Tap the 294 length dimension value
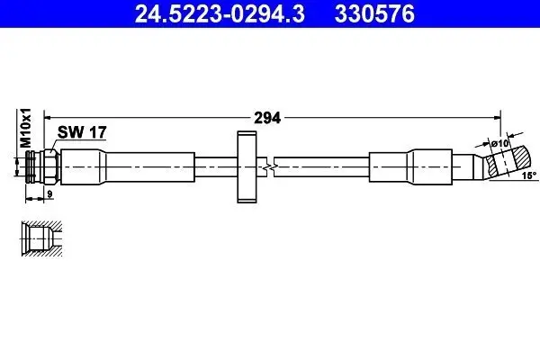(x=268, y=117)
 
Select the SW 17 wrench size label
(x=83, y=131)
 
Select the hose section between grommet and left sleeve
(x=214, y=167)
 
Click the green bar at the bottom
(x=270, y=353)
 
